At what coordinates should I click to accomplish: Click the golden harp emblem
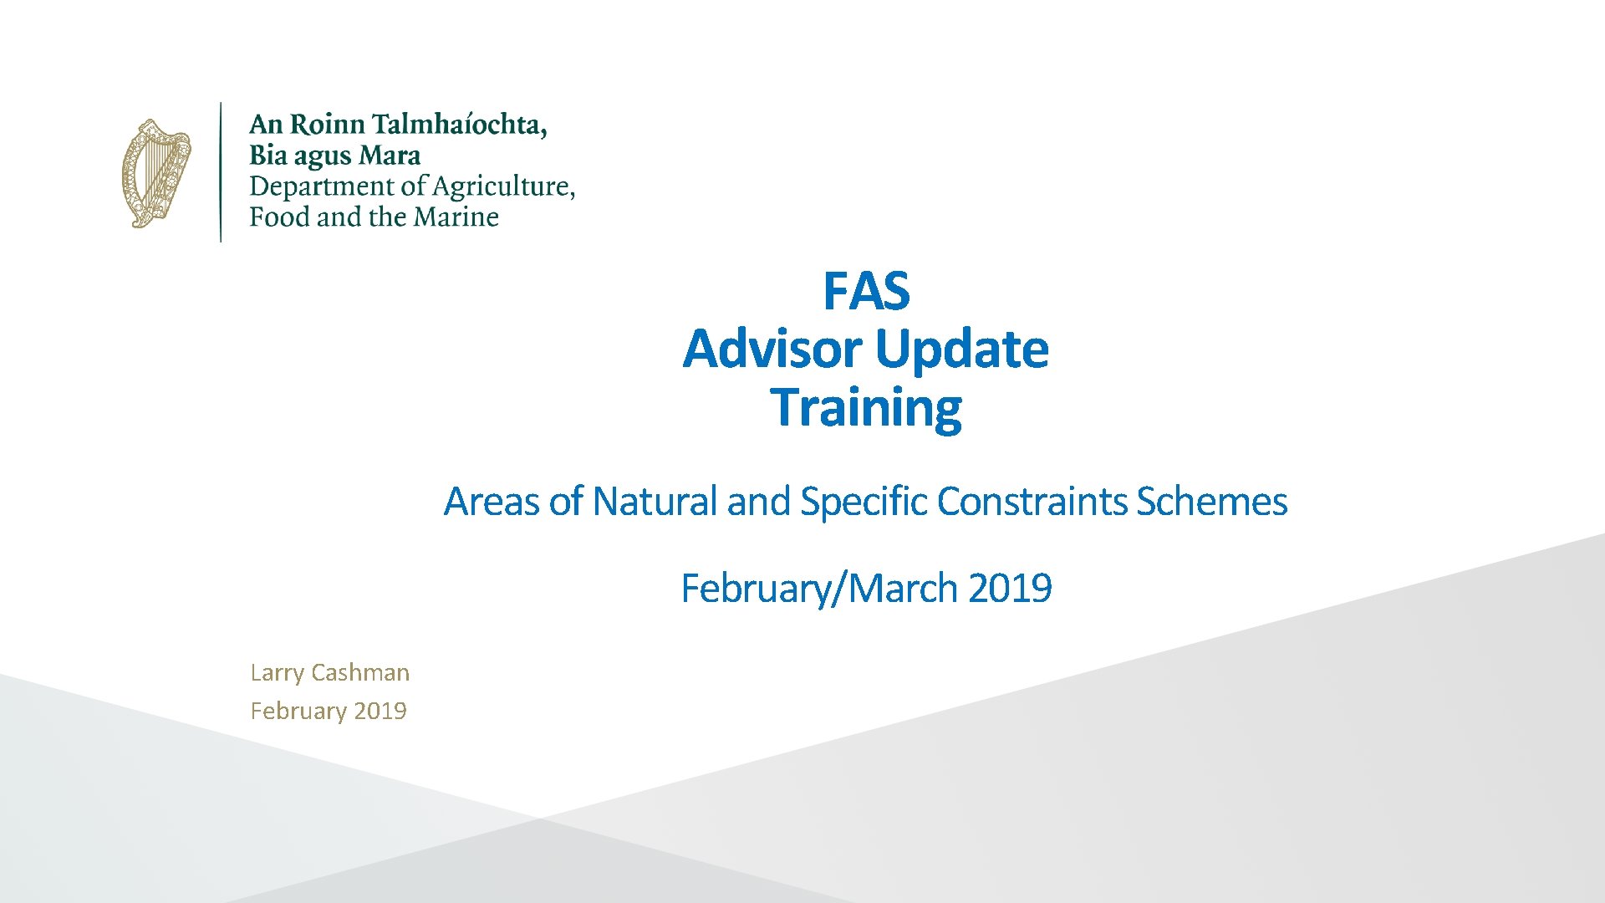pyautogui.click(x=156, y=173)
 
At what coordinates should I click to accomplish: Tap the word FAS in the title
pyautogui.click(x=866, y=291)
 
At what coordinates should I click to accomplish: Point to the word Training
pyautogui.click(x=866, y=407)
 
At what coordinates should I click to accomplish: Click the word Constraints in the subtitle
pyautogui.click(x=1032, y=502)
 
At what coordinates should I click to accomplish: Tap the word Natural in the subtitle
pyautogui.click(x=655, y=502)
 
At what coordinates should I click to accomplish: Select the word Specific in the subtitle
pyautogui.click(x=864, y=502)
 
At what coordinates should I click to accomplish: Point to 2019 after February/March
pyautogui.click(x=1010, y=588)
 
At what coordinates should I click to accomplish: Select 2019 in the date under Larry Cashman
pyautogui.click(x=380, y=711)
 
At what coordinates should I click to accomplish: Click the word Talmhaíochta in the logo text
pyautogui.click(x=459, y=125)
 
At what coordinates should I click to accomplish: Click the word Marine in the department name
pyautogui.click(x=456, y=217)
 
